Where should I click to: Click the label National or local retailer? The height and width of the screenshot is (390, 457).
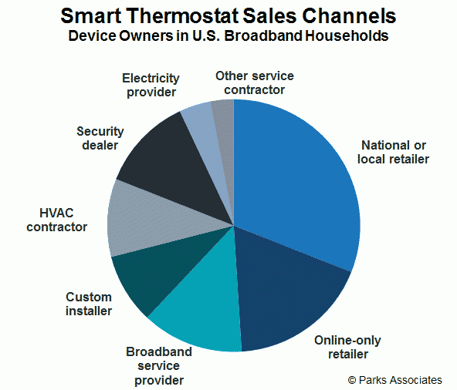coord(393,152)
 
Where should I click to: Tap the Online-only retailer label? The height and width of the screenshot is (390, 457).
coord(347,347)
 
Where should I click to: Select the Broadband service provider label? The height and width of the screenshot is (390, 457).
coord(159,366)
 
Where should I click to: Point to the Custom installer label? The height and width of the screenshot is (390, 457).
coord(89,304)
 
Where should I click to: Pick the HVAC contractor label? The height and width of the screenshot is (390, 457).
coord(57,220)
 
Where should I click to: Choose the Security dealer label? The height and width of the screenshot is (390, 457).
coord(100,138)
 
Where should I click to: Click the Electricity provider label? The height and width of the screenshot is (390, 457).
coord(151,85)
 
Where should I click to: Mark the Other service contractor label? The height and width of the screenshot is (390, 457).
coord(255,82)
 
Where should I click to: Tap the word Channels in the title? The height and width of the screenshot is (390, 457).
coord(349,15)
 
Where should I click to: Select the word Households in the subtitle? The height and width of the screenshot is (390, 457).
coord(347,35)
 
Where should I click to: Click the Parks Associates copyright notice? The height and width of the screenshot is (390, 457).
coord(395,380)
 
